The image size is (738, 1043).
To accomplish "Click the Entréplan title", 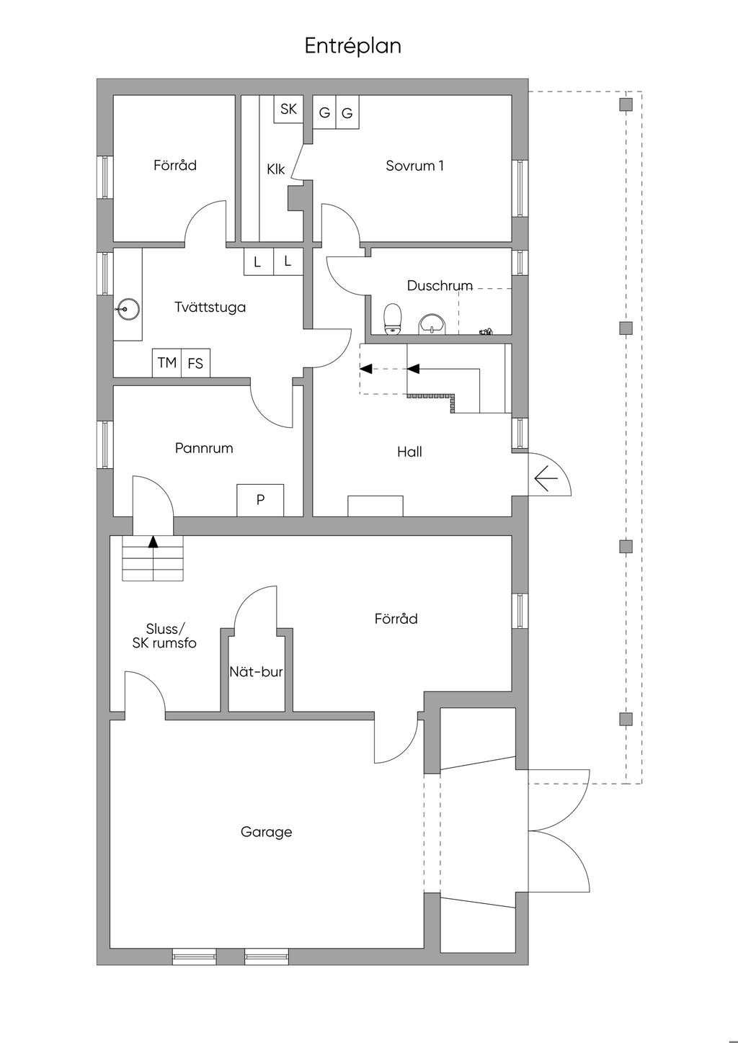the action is (352, 46).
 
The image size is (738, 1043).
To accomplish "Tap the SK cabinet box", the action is (288, 109).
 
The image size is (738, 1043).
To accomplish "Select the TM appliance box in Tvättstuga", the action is (167, 362).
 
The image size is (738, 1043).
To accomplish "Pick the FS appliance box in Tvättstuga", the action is (195, 363).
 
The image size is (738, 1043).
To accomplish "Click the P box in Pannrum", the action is (260, 500).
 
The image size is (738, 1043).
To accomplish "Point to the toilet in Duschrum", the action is (392, 319).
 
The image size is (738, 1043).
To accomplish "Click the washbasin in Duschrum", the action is (432, 323).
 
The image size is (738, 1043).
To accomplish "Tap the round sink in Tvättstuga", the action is (128, 309).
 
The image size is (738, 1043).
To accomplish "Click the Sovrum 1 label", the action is (414, 166).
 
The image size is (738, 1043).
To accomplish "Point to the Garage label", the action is (266, 832).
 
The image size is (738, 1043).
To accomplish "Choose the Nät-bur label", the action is (256, 672).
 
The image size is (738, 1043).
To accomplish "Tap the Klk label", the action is (275, 169).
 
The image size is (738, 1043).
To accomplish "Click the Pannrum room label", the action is (204, 448).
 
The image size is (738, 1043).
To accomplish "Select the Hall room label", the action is (409, 452).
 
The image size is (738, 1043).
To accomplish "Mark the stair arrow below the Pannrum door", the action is (153, 542).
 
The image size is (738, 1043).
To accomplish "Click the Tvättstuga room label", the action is (210, 307).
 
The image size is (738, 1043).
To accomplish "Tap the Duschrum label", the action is (440, 285).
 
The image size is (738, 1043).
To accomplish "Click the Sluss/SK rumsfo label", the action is (164, 636).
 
